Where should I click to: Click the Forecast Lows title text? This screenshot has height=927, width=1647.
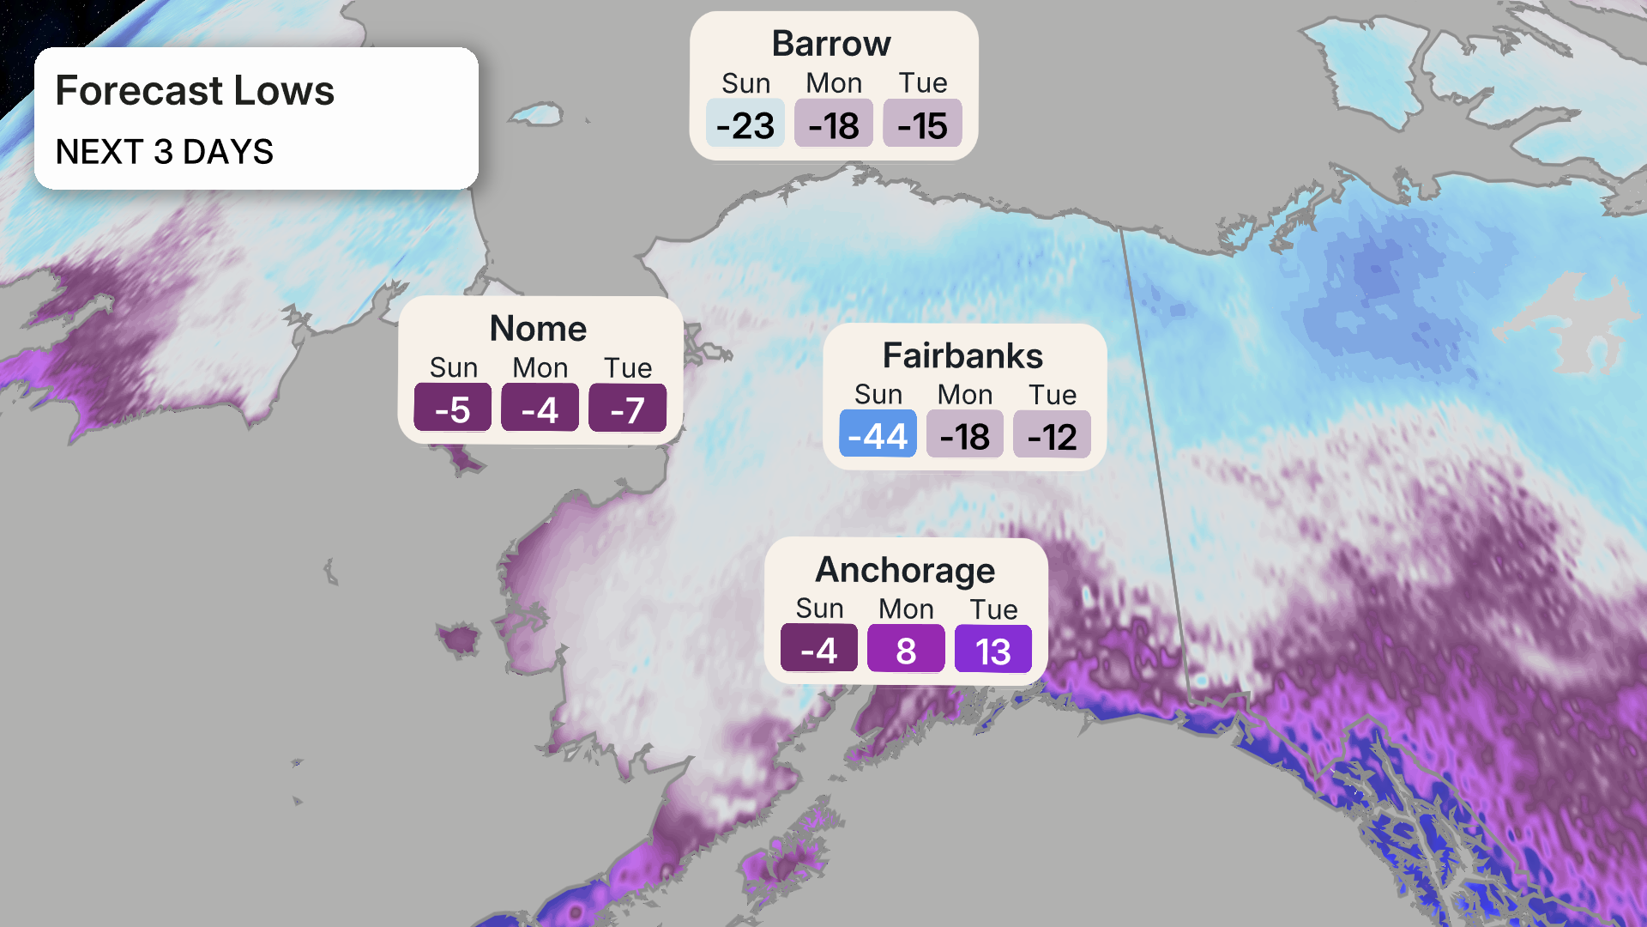coord(195,91)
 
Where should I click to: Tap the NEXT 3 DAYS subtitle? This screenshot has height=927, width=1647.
coord(164,152)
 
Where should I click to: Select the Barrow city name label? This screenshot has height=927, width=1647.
coord(831,44)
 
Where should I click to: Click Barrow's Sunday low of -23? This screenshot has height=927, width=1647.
coord(745,125)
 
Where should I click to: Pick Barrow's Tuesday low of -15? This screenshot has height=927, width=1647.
coord(922,125)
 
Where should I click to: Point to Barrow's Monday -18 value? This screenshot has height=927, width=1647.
coord(834,125)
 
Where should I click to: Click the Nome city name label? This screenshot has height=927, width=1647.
coord(538,329)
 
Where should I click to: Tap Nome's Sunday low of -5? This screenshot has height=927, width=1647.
coord(452,409)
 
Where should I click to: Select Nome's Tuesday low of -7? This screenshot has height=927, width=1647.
coord(627,409)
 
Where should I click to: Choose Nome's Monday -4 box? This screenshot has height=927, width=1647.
coord(540,409)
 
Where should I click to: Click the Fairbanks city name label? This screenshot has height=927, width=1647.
coord(962,356)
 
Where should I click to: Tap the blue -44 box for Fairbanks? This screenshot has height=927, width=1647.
coord(878,436)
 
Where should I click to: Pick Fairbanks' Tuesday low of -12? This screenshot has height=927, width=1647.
coord(1052,436)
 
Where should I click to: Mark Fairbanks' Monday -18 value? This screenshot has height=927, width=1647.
coord(964,436)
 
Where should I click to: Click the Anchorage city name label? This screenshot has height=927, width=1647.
coord(905,570)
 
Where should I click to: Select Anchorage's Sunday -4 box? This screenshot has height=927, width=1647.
coord(818,650)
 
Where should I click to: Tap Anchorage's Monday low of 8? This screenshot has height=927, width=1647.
coord(906,650)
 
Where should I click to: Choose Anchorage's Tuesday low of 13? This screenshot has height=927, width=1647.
coord(992,650)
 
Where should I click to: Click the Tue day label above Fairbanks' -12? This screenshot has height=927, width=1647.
coord(1053,395)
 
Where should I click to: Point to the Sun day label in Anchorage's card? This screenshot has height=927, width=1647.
coord(819,609)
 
